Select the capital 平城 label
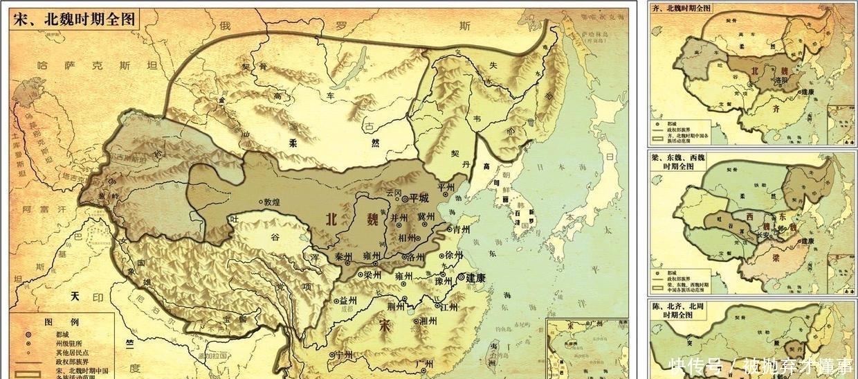[419, 198]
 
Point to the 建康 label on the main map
[475, 278]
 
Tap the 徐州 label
[455, 254]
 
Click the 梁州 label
[372, 274]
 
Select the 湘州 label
[428, 321]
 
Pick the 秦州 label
[344, 256]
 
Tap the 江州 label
[448, 306]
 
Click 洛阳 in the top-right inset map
[782, 80]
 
